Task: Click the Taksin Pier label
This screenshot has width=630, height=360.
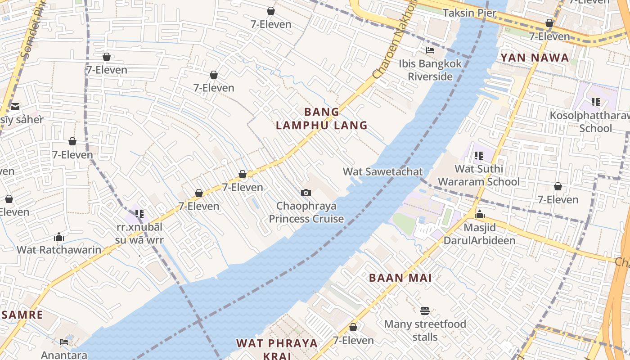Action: (x=469, y=13)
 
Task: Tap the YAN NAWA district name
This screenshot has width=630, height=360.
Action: (x=535, y=58)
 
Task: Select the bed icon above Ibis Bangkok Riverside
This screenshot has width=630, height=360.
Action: (x=430, y=50)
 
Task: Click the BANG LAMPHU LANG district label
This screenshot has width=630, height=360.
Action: (x=322, y=119)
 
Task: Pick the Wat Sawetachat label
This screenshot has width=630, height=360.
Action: (x=383, y=171)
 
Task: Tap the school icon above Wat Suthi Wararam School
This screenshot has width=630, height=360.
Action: (x=478, y=156)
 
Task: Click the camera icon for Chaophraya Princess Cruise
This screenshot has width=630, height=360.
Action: (x=306, y=193)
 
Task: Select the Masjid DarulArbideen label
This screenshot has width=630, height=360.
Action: (x=480, y=234)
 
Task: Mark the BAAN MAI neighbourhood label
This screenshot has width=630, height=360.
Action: (x=400, y=278)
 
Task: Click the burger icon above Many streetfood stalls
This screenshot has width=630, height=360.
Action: (x=424, y=310)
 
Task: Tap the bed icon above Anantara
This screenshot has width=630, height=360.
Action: (x=64, y=342)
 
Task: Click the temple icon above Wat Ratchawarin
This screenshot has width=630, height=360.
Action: (x=59, y=237)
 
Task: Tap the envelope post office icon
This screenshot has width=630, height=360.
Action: (x=15, y=107)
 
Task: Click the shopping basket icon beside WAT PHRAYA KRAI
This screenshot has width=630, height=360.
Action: (x=353, y=327)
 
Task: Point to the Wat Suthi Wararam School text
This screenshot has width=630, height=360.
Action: (x=479, y=175)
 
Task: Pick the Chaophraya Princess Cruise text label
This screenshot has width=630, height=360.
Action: (x=306, y=212)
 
